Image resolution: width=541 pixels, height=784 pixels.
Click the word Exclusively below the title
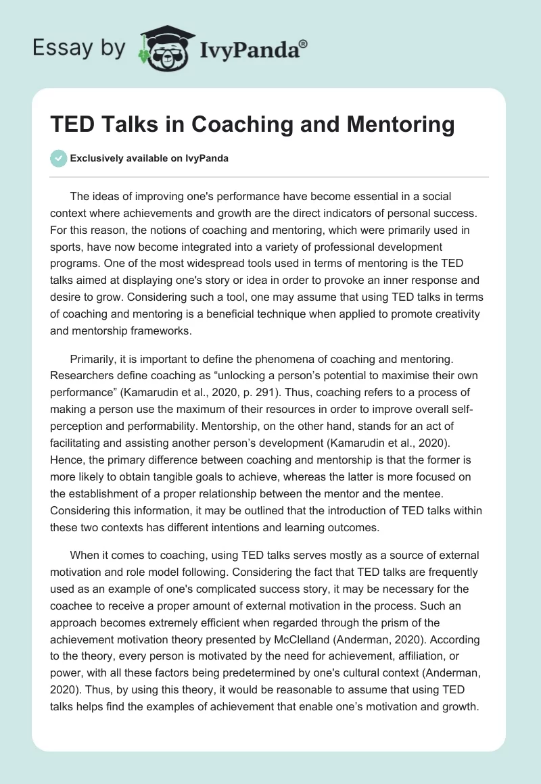95,158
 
